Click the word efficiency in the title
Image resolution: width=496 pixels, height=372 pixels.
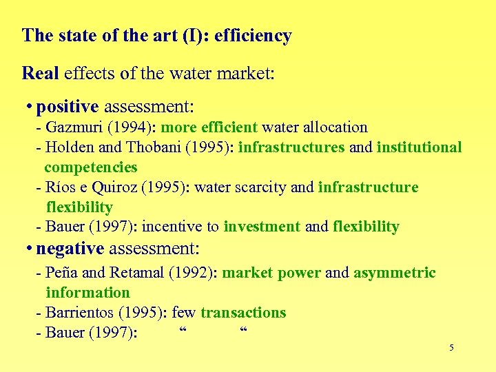click(x=253, y=36)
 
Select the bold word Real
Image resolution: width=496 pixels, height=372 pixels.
click(x=40, y=72)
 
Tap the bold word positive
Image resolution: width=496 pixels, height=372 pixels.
click(x=68, y=107)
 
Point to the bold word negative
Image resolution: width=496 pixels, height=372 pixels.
click(x=70, y=248)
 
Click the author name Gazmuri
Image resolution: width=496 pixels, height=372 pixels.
click(x=71, y=127)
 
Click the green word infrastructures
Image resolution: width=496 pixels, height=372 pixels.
click(x=291, y=147)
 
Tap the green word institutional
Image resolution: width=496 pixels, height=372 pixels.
click(x=419, y=147)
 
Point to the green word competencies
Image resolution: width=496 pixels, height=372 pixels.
click(x=91, y=167)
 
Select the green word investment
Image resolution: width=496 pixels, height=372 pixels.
click(x=262, y=227)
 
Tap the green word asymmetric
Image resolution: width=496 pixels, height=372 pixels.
click(x=395, y=273)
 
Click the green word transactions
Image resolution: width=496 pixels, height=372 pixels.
click(x=243, y=313)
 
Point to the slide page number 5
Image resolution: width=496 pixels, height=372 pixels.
click(x=451, y=348)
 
